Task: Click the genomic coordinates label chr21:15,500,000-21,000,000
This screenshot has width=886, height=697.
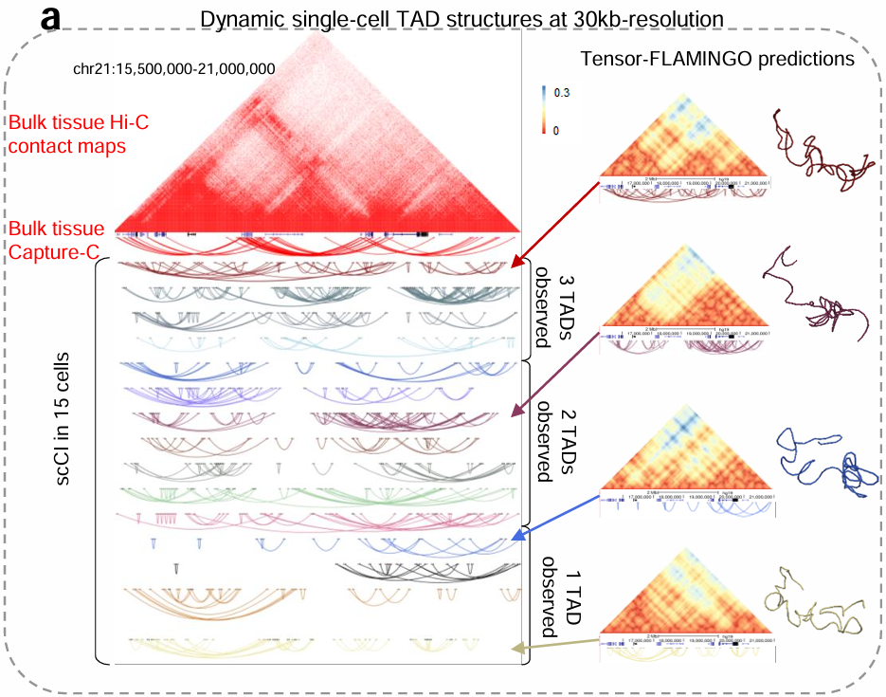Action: (x=173, y=68)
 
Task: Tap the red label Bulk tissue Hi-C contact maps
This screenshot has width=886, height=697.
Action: (x=79, y=134)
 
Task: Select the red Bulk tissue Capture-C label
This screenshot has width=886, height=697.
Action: (x=58, y=241)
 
